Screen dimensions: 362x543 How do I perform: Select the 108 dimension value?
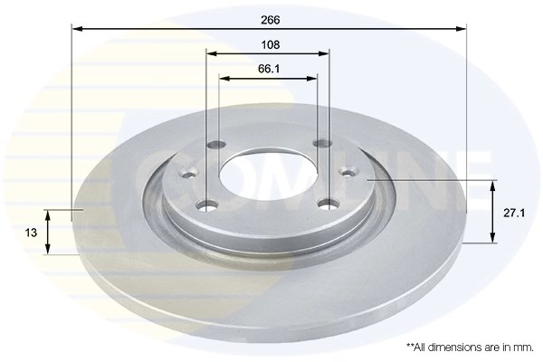(x=269, y=44)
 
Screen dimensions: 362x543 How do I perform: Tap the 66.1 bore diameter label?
(x=269, y=68)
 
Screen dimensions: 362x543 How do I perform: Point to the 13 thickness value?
(x=31, y=233)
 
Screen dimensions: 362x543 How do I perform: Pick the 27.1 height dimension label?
(x=513, y=214)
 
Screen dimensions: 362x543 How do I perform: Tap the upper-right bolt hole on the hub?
(x=319, y=143)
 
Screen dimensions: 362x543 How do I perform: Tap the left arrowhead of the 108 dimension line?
(x=212, y=54)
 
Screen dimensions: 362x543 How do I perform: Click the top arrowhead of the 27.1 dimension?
(x=493, y=186)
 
